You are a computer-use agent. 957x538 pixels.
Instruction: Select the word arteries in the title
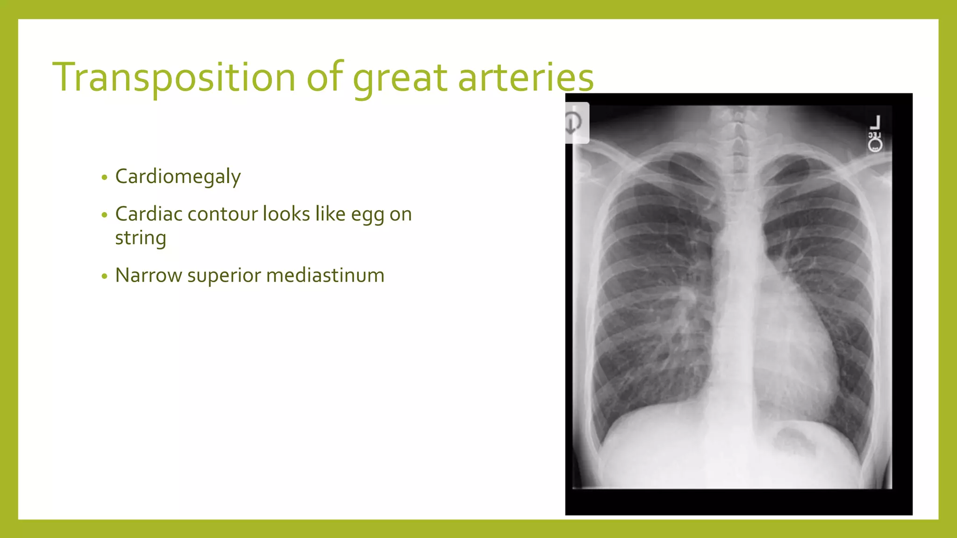(x=526, y=77)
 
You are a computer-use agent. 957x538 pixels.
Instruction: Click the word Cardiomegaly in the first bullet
(x=178, y=177)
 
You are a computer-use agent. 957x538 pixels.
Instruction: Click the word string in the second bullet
(x=140, y=238)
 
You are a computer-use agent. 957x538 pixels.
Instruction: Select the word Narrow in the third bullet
(x=148, y=275)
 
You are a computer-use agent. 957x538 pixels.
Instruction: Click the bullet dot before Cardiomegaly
(x=104, y=177)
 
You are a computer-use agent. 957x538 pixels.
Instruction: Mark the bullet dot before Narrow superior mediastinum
(x=104, y=276)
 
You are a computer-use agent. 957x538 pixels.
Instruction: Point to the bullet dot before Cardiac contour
(x=104, y=215)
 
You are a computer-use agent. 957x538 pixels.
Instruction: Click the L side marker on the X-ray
(x=875, y=123)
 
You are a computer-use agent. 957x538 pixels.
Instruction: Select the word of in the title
(x=324, y=77)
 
